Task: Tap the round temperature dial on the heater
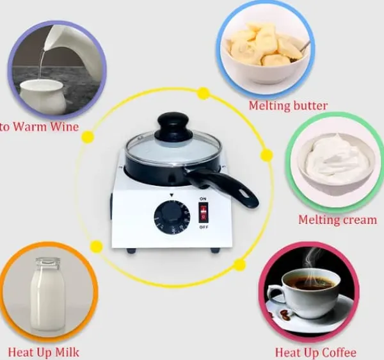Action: pos(172,217)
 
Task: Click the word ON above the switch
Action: pos(203,199)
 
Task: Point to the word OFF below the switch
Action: pos(204,227)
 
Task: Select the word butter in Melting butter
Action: pos(310,106)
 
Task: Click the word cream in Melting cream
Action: pos(360,220)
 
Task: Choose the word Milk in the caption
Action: pos(67,352)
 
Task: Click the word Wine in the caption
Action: pos(64,126)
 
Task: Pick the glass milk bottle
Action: pos(48,294)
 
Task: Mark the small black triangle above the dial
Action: pos(172,195)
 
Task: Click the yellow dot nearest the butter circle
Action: pos(204,94)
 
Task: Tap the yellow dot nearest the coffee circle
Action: pos(239,265)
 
